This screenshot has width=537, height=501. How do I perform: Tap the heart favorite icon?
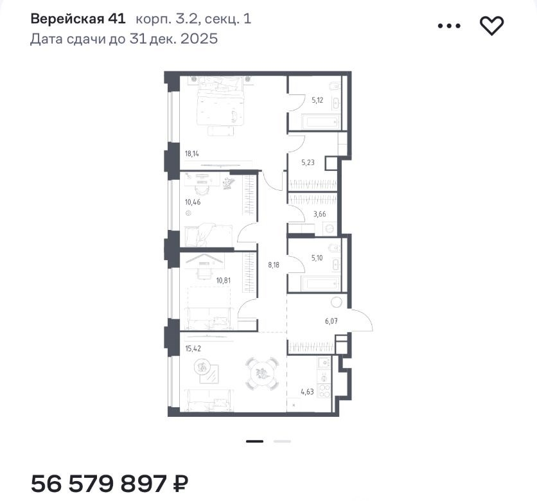click(x=491, y=26)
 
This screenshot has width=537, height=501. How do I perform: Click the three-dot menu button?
click(x=449, y=26)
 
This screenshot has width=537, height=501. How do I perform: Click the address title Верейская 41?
click(x=78, y=19)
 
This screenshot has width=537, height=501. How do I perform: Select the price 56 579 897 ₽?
click(x=110, y=484)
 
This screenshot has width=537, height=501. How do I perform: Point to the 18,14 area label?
click(x=192, y=154)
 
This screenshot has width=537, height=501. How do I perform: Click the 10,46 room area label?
click(x=193, y=202)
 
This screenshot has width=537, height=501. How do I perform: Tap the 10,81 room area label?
click(x=224, y=281)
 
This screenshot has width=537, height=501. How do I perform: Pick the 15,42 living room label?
click(x=193, y=349)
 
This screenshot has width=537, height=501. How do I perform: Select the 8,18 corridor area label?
click(x=274, y=265)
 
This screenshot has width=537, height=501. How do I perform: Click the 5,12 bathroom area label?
click(x=317, y=100)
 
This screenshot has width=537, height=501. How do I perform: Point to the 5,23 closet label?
click(x=308, y=163)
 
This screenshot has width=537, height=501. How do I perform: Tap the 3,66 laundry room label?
click(x=319, y=215)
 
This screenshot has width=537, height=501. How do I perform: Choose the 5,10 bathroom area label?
click(x=317, y=258)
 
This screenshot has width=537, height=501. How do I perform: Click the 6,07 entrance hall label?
click(x=331, y=321)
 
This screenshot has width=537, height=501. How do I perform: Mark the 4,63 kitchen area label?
click(x=307, y=391)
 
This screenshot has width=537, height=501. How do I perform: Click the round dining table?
click(x=262, y=374)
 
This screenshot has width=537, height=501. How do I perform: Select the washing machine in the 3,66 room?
click(x=330, y=229)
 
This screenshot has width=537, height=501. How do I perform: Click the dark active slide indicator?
click(x=255, y=441)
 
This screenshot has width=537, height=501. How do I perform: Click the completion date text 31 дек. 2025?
click(x=173, y=39)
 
